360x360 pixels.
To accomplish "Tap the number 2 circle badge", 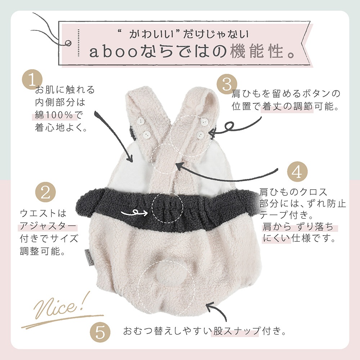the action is coord(45,192).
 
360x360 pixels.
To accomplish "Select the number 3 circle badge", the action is coord(227,84).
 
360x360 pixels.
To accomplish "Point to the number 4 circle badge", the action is coord(297,172).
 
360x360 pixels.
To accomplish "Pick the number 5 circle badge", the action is coord(100,332).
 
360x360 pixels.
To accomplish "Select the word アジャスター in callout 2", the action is coord(48,226).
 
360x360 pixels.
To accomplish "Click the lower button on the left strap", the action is coord(145,134).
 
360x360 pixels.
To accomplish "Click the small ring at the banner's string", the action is coord(68,43).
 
